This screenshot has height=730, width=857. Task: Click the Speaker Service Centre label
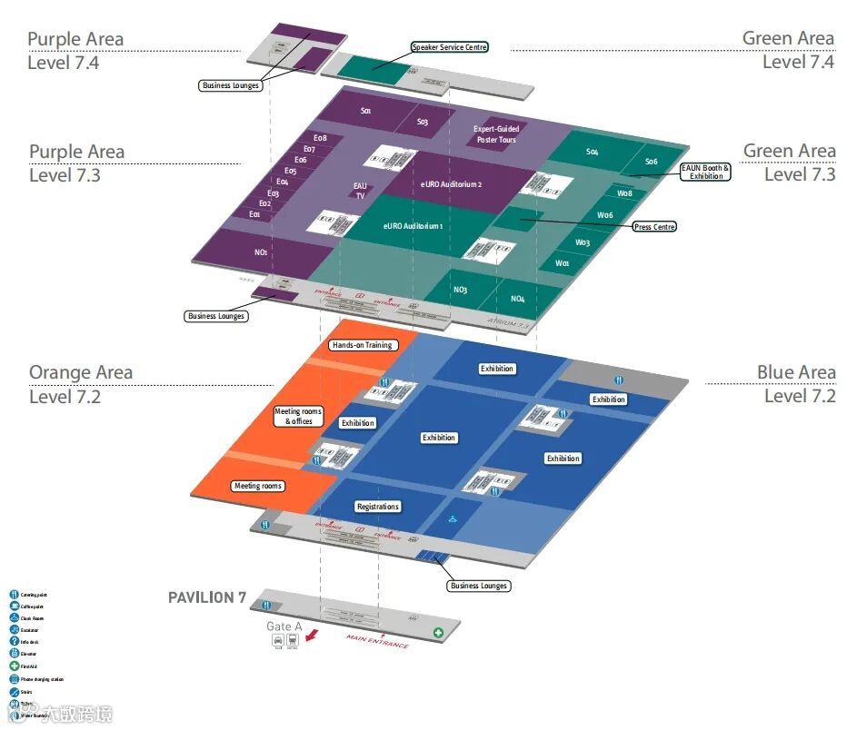coord(450,47)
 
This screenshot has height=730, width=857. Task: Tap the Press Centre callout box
coord(654,226)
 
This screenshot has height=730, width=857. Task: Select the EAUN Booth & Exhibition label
coord(705,172)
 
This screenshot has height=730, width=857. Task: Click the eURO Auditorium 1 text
coord(413,226)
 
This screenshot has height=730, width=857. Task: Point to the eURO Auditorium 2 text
coord(451,184)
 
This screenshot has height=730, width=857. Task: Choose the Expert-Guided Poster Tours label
coord(495,134)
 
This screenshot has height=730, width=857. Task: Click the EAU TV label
coord(360,191)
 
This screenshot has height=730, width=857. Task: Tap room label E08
coord(320,139)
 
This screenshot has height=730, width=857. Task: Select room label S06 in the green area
coord(651,162)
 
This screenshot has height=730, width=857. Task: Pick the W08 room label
coord(624,193)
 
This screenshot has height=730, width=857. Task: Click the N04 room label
coord(517,299)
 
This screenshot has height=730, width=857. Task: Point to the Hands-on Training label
coord(362,345)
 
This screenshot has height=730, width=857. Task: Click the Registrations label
coord(378,507)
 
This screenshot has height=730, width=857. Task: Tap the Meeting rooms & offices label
coord(298,417)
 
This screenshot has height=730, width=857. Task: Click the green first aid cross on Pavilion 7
coord(438,632)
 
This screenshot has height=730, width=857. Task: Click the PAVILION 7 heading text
coord(207,597)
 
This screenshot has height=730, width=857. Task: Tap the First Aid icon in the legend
coord(14,666)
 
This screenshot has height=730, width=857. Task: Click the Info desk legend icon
coord(14,642)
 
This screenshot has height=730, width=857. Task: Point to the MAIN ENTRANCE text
coord(377,642)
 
